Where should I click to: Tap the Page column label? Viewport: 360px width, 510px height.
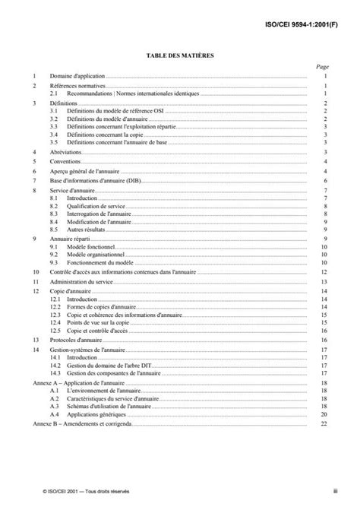pos(322,67)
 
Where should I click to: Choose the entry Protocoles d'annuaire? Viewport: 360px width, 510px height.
pos(76,340)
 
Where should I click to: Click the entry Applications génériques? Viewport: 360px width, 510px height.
pos(94,415)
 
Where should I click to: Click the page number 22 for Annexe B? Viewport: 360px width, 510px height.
pos(324,423)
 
